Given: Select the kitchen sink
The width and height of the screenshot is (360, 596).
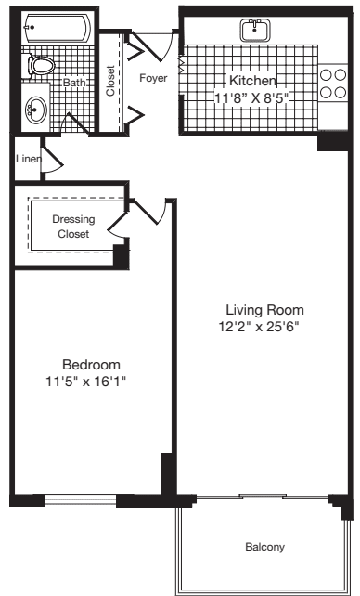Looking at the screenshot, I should pos(252,30).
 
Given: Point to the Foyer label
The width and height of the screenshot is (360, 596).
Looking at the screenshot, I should pos(153,78).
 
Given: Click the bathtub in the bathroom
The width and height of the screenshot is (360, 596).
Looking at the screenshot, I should pos(56,27).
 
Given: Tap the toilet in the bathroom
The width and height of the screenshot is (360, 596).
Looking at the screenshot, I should pos(41,65).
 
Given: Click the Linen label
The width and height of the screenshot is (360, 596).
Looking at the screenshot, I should pos(27,159).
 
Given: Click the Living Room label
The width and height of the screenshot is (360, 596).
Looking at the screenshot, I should pos(264,309).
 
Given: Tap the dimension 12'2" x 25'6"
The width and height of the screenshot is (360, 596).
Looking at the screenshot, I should pos(264,326).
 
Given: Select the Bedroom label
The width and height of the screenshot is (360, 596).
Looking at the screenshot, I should pos(91,364).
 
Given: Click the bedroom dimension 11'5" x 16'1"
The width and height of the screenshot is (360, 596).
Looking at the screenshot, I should pos(91,381).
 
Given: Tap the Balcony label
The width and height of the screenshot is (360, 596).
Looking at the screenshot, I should pos(264,547).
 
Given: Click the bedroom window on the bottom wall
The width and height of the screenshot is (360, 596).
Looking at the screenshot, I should pos(81,502).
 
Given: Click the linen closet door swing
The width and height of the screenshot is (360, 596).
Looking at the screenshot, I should pos(54,162).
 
